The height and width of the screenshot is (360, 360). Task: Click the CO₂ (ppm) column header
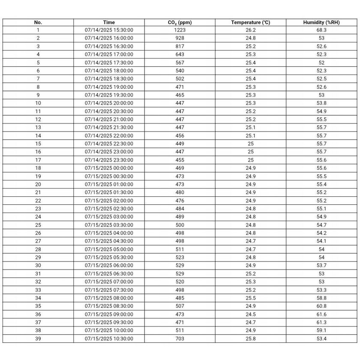(180, 22)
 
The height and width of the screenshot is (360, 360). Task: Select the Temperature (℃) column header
(251, 22)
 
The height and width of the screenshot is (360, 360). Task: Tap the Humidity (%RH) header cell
(321, 22)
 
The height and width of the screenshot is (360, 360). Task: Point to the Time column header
(109, 22)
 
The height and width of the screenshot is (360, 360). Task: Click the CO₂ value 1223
(180, 30)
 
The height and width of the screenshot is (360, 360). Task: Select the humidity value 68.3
(321, 30)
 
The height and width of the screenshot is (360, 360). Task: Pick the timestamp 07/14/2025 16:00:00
(109, 38)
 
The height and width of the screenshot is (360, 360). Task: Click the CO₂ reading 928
(180, 38)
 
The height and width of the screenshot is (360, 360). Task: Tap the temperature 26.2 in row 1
(251, 30)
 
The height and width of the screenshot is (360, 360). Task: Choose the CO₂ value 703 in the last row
(180, 339)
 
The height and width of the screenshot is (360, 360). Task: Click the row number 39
(38, 339)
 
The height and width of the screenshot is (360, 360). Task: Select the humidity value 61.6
(321, 314)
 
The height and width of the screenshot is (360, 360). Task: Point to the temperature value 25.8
(251, 339)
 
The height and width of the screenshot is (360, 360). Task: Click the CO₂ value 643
(180, 54)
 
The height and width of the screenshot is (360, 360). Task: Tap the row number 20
(38, 184)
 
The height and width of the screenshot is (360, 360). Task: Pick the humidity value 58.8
(321, 298)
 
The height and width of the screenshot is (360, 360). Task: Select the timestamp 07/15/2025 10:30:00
(109, 339)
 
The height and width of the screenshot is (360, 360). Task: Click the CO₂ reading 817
(180, 46)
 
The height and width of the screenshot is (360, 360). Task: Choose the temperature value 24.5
(251, 314)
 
